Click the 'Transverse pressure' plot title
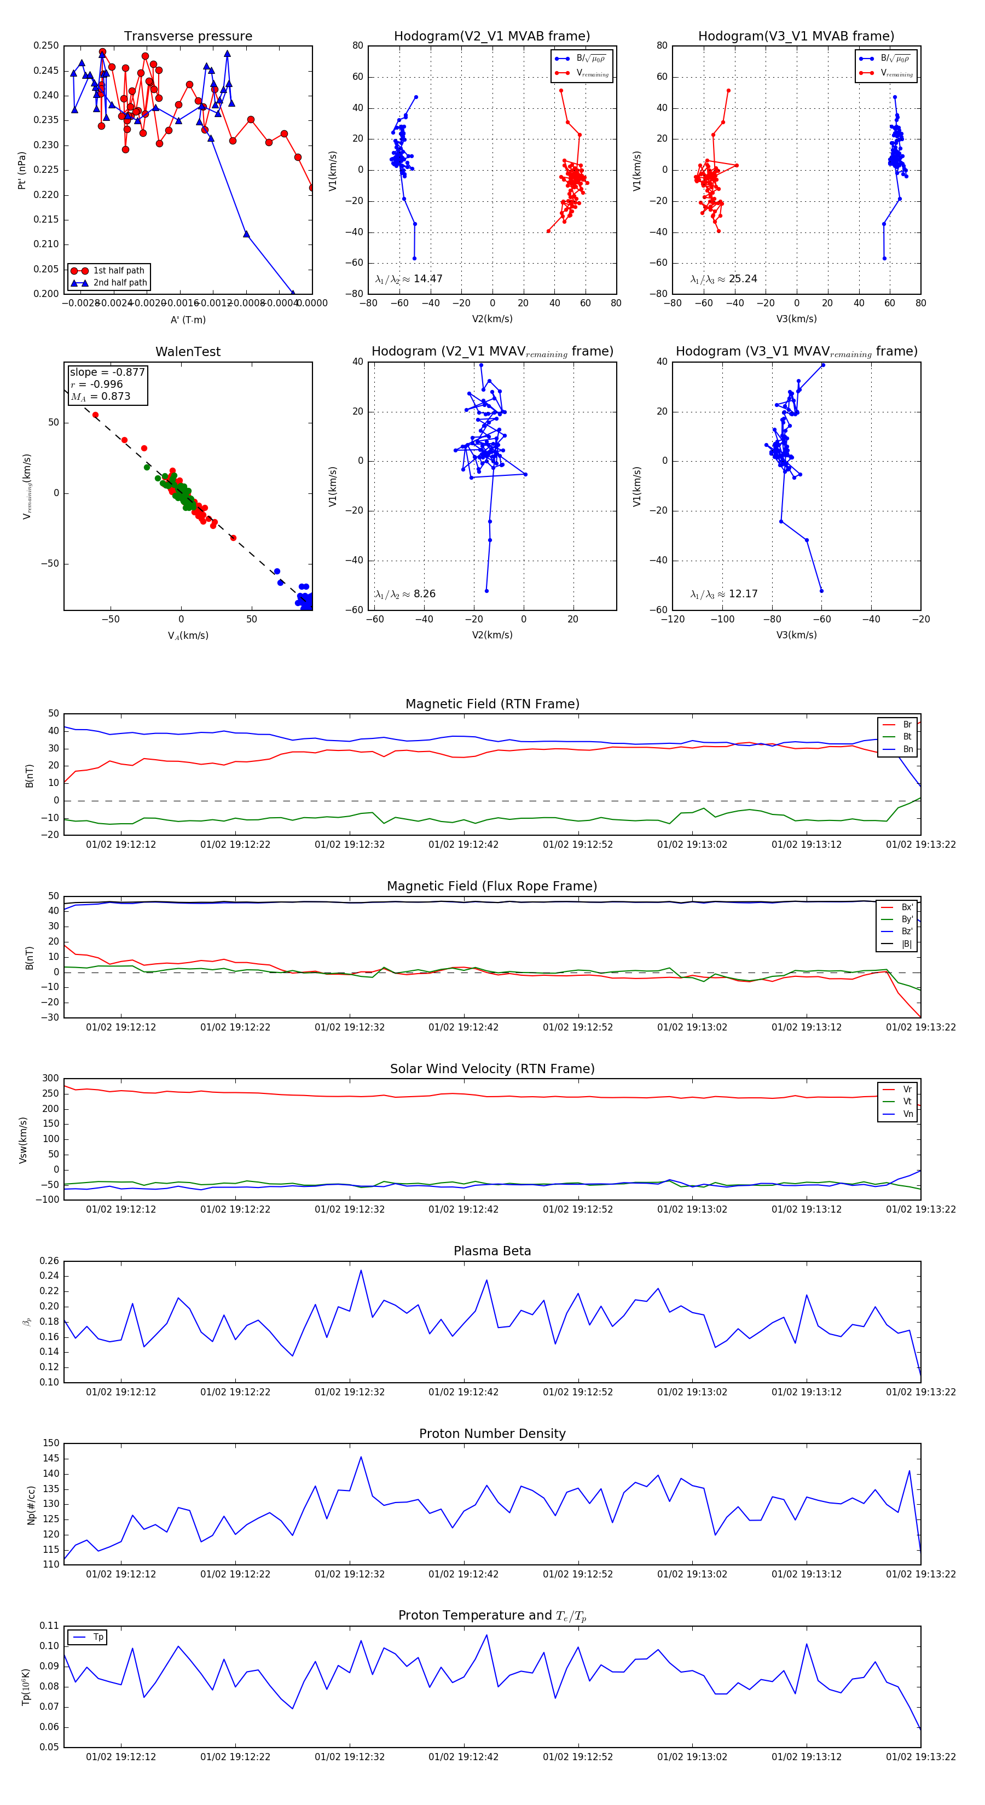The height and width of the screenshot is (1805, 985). coord(188,37)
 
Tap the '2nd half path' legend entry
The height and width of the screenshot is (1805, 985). coord(120,283)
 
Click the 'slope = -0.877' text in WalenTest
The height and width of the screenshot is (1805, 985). coord(107,372)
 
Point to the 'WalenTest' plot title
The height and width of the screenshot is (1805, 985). coord(188,352)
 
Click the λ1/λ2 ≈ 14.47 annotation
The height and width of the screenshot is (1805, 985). coord(409,279)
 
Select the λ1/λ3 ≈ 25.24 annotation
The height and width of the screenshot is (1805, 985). coord(723,279)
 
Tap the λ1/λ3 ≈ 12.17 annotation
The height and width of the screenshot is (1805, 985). coord(723,594)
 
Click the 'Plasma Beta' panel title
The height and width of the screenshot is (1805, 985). coord(492,1251)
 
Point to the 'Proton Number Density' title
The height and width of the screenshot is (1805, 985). coord(492,1434)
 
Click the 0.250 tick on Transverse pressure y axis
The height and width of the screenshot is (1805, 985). coord(47,45)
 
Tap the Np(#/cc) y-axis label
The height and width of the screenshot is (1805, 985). coord(31,1504)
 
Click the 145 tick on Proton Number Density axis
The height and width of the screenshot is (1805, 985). coord(51,1459)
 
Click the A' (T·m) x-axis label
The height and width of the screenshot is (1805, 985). coord(188,319)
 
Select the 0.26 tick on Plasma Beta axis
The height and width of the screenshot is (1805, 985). coord(49,1261)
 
